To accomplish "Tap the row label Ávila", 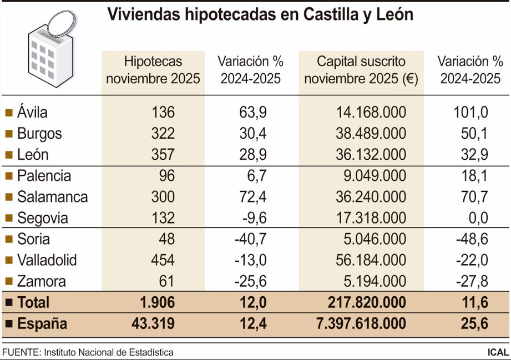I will pyautogui.click(x=32, y=113).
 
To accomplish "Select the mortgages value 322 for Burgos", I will pyautogui.click(x=163, y=134).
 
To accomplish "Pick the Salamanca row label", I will pyautogui.click(x=52, y=197).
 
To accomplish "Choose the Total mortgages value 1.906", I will pyautogui.click(x=158, y=302).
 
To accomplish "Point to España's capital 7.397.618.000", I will pyautogui.click(x=361, y=323).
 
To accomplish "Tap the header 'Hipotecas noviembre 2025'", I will pyautogui.click(x=153, y=70).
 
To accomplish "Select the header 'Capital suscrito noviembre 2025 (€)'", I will pyautogui.click(x=361, y=70).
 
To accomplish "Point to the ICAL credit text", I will pyautogui.click(x=497, y=352).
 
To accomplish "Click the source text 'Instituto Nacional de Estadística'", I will pyautogui.click(x=109, y=352).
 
